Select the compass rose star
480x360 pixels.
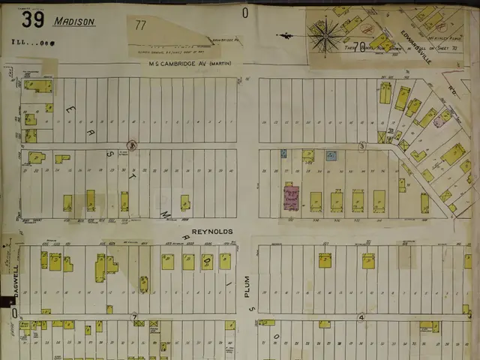[325, 36]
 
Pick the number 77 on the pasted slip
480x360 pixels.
[140, 25]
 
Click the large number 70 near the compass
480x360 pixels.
[361, 46]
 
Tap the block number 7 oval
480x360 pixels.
[135, 317]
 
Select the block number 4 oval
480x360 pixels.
[361, 317]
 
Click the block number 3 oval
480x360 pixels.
[361, 145]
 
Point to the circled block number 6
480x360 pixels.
[131, 145]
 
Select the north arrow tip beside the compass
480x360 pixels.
[279, 34]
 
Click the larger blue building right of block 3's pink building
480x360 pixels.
[331, 156]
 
